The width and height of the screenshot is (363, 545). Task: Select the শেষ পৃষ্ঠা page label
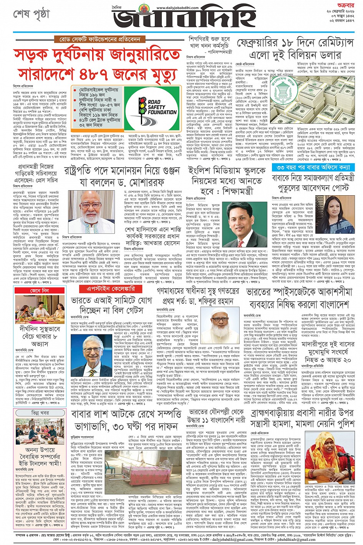[32, 14]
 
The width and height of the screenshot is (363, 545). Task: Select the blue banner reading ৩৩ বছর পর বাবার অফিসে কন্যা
[313, 167]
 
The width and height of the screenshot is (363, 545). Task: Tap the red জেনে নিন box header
[40, 291]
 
